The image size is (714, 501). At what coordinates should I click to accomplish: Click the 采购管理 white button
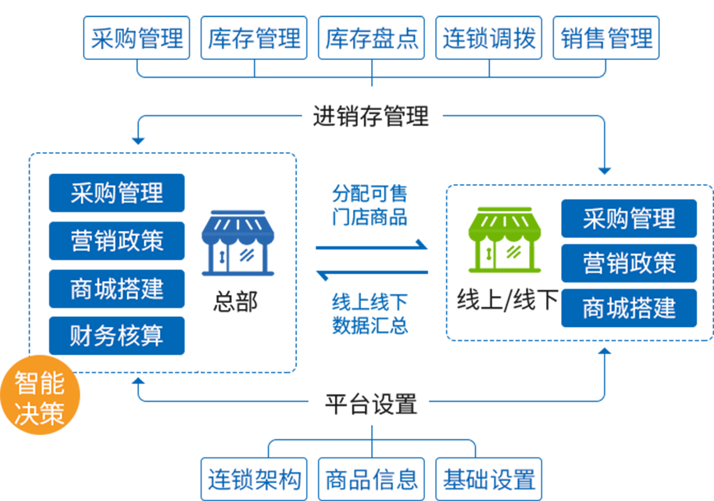pyautogui.click(x=137, y=39)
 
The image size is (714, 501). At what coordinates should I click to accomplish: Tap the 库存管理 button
pyautogui.click(x=254, y=39)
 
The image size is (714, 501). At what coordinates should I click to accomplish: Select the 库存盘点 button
pyautogui.click(x=371, y=39)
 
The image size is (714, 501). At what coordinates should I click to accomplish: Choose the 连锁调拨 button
pyautogui.click(x=489, y=39)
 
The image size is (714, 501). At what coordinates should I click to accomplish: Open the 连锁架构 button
pyautogui.click(x=254, y=480)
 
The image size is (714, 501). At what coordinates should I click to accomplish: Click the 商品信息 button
pyautogui.click(x=371, y=480)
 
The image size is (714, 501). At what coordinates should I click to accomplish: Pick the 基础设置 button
pyautogui.click(x=489, y=480)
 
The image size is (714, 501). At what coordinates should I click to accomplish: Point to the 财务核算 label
pyautogui.click(x=117, y=336)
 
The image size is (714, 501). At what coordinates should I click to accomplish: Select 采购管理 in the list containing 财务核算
pyautogui.click(x=117, y=192)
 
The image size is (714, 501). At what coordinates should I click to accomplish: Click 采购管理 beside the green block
pyautogui.click(x=629, y=219)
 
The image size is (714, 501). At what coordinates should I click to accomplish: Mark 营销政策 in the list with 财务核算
pyautogui.click(x=117, y=240)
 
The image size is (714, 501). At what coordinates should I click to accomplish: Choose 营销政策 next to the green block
pyautogui.click(x=629, y=263)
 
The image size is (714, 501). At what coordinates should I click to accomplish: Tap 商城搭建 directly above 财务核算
pyautogui.click(x=117, y=289)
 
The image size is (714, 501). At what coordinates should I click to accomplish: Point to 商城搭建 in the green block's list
pyautogui.click(x=629, y=308)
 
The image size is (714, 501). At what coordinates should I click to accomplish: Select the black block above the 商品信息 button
pyautogui.click(x=371, y=391)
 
